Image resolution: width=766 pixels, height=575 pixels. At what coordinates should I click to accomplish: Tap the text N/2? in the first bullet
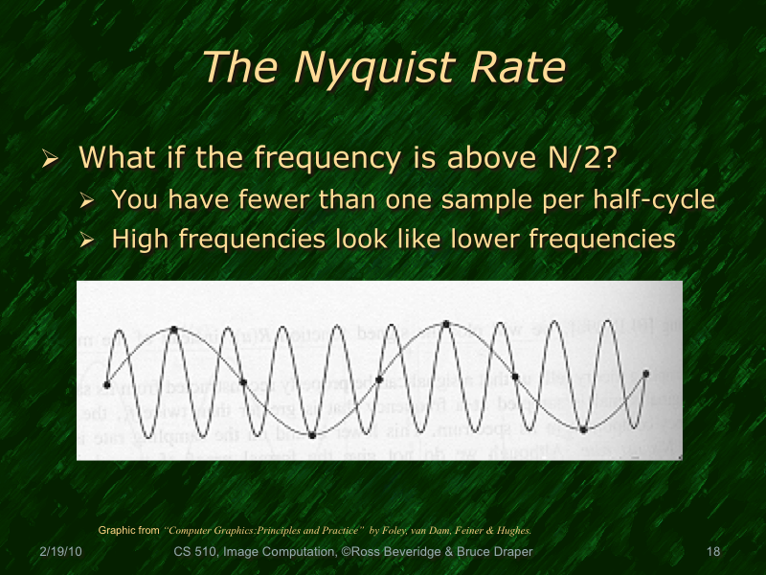[x=573, y=156]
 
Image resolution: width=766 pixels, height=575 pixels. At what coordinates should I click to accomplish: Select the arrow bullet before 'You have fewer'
[x=87, y=201]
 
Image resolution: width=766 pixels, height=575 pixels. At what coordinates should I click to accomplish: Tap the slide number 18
[x=711, y=552]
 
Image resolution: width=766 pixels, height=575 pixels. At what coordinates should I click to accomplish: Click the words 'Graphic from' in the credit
[x=129, y=530]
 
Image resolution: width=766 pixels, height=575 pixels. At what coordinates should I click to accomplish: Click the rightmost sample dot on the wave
[x=646, y=373]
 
